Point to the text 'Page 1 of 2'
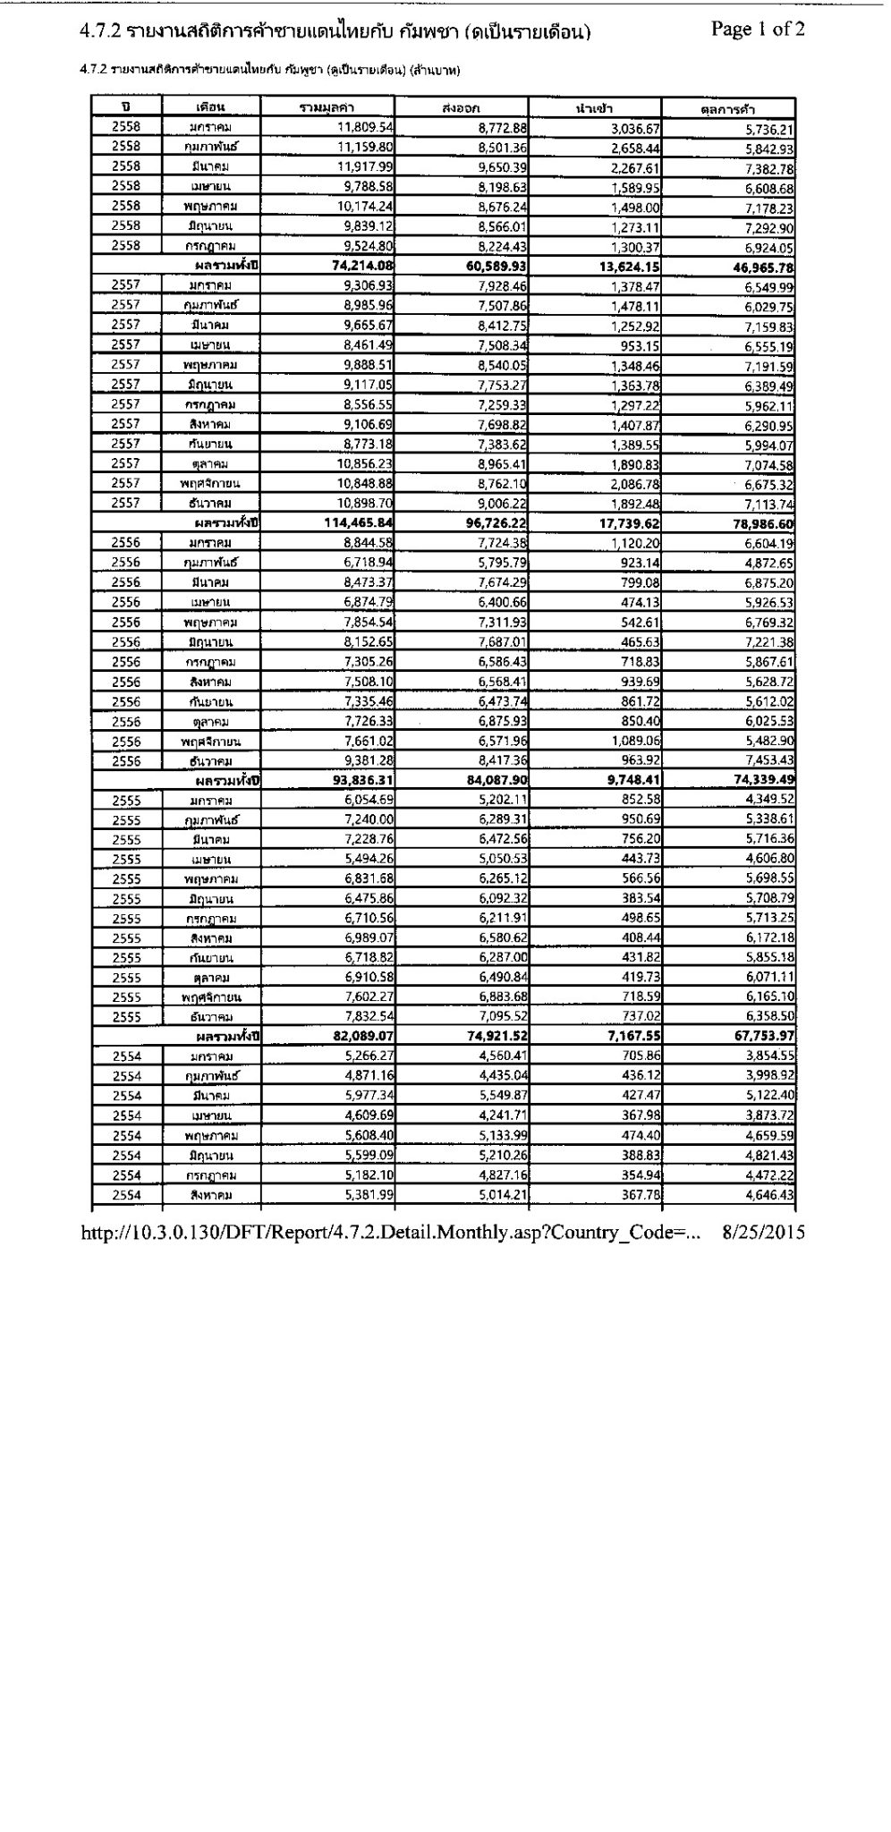[758, 30]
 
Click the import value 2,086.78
[633, 484]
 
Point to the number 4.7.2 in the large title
[99, 32]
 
